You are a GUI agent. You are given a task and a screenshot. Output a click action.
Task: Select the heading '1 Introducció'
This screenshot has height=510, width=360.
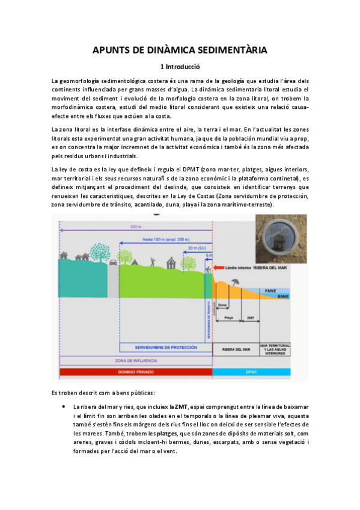[180, 67]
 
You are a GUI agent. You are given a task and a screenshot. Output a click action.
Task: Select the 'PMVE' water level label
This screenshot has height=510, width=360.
[272, 290]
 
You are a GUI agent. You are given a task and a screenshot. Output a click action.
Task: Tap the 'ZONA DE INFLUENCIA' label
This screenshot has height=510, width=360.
[136, 361]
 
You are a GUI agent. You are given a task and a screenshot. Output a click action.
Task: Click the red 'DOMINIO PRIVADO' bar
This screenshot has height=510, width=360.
[136, 372]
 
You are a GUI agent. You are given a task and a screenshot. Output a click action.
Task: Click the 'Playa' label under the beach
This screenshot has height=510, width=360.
[229, 318]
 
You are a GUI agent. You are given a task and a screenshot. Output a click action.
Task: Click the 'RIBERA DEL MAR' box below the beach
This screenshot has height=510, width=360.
[236, 349]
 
